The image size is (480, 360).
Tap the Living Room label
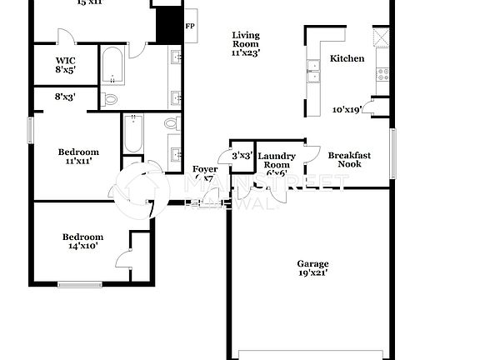[x=246, y=39]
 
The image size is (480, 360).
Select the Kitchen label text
[x=347, y=58]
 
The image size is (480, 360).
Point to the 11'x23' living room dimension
[x=246, y=52]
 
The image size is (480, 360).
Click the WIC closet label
[x=66, y=61]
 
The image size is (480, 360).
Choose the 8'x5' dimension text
[x=66, y=71]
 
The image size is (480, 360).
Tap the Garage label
[x=312, y=264]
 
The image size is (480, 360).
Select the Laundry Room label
[x=277, y=160]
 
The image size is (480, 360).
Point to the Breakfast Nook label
[x=349, y=159]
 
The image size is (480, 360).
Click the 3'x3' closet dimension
[x=242, y=155]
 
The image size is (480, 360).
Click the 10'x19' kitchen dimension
[x=347, y=109]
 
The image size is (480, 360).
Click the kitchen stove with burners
[x=384, y=72]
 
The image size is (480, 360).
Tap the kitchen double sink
[x=314, y=72]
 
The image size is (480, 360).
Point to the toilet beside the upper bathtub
[x=110, y=100]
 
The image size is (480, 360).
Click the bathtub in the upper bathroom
[x=113, y=67]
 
